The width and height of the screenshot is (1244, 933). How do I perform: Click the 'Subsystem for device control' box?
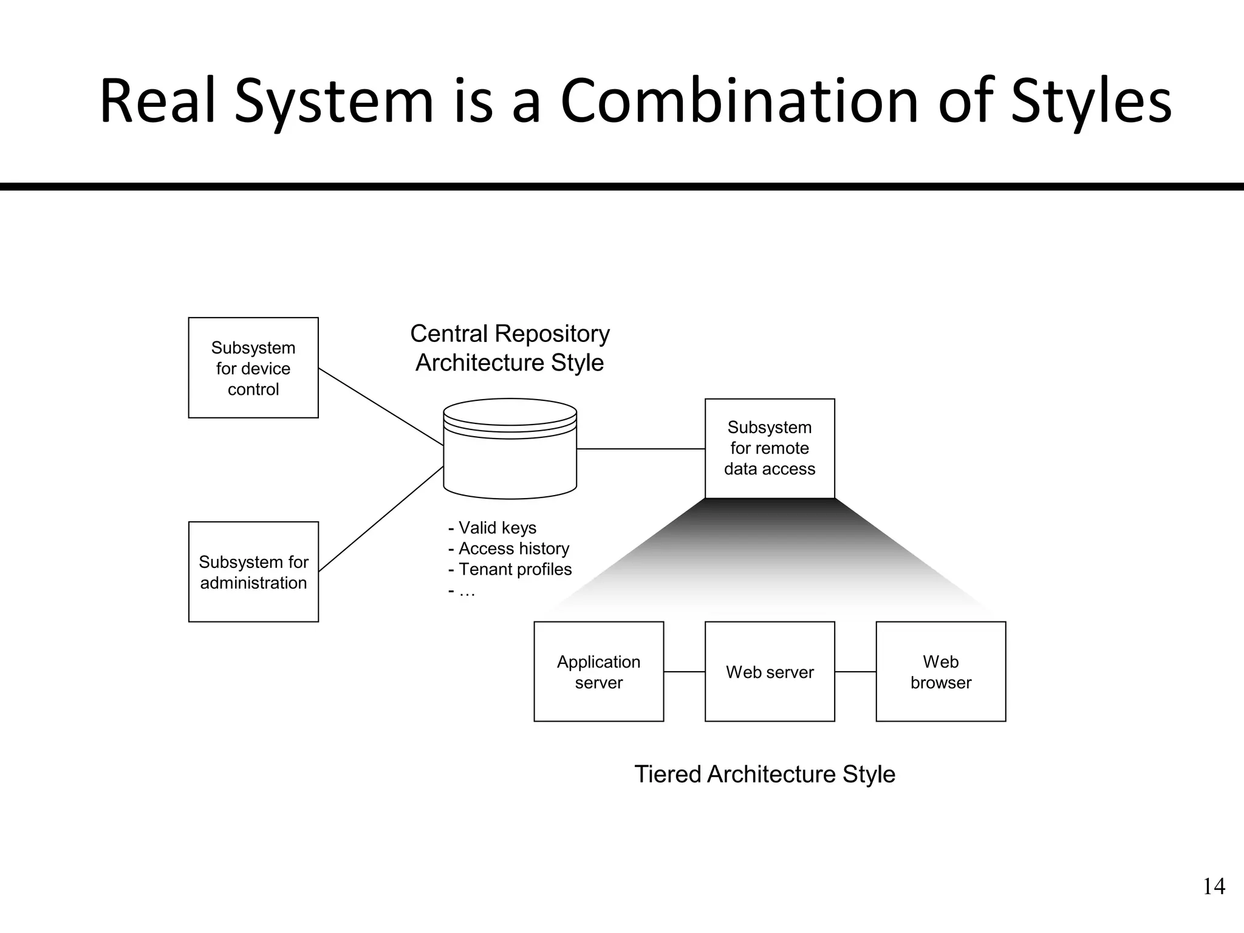[253, 367]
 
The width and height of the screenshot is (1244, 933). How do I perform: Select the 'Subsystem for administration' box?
[253, 572]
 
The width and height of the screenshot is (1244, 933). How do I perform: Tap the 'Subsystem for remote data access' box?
[770, 448]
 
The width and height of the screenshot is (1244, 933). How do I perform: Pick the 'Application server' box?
[598, 671]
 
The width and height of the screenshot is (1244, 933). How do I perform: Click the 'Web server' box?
[770, 671]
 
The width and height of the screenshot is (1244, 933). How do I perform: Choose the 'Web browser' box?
[940, 671]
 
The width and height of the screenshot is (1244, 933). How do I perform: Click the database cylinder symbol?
[510, 449]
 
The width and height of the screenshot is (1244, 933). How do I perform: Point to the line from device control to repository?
[381, 406]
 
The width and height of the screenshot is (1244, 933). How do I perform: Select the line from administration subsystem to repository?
[381, 519]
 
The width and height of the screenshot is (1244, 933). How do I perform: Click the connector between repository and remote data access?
[641, 449]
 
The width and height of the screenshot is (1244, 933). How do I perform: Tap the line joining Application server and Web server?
[684, 672]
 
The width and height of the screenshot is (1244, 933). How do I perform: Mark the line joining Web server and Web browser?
[855, 672]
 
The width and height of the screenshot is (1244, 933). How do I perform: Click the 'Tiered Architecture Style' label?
[765, 774]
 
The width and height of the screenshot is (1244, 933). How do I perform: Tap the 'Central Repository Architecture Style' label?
[510, 348]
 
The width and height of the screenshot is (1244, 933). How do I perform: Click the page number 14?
[1214, 887]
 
